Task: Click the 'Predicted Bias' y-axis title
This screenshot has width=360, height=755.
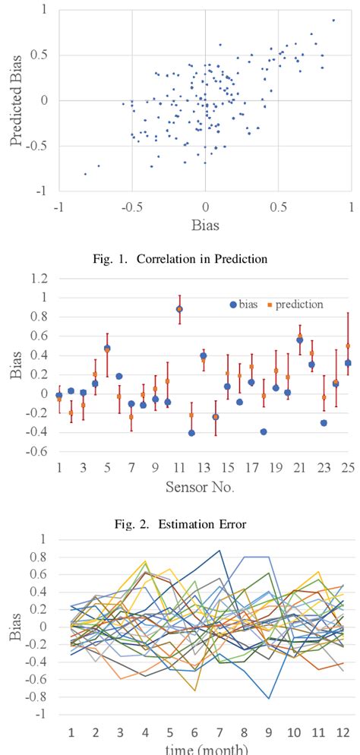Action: pyautogui.click(x=16, y=99)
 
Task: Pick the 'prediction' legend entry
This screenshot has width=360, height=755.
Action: pyautogui.click(x=296, y=305)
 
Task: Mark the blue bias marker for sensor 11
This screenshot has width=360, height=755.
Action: pyautogui.click(x=179, y=309)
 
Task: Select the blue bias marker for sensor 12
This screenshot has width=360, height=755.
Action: pyautogui.click(x=191, y=432)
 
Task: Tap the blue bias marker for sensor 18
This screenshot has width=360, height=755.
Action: pyautogui.click(x=264, y=431)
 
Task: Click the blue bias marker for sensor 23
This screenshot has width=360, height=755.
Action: pyautogui.click(x=324, y=422)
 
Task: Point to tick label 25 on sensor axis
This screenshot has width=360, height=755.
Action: pyautogui.click(x=347, y=466)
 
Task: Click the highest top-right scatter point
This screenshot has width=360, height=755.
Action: pyautogui.click(x=333, y=21)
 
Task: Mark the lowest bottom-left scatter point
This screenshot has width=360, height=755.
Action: pyautogui.click(x=85, y=174)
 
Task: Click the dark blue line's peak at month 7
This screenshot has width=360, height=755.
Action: pyautogui.click(x=219, y=551)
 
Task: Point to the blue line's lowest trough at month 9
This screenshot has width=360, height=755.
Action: pyautogui.click(x=268, y=698)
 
